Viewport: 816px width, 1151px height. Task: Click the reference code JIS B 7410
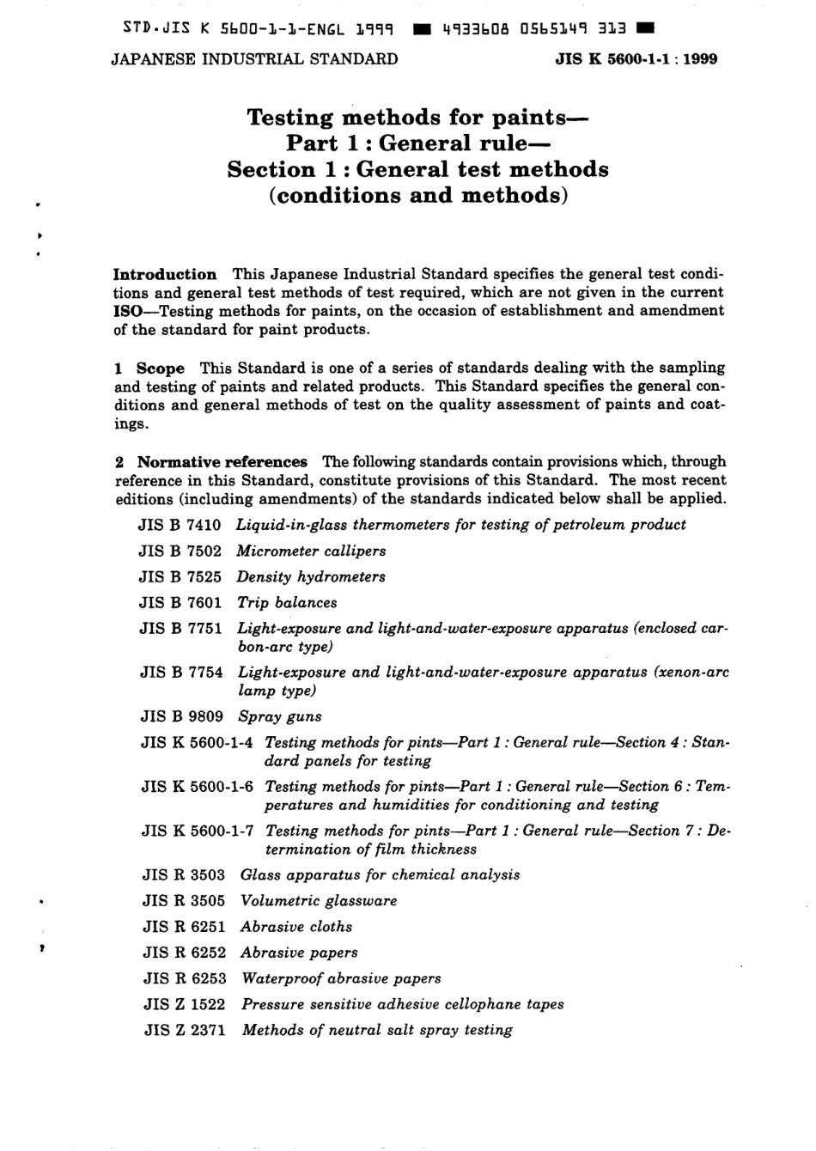[x=180, y=525]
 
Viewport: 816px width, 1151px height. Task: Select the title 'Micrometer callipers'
[x=311, y=551]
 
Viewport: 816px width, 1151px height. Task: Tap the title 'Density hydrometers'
[x=311, y=577]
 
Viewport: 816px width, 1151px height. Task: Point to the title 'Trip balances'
[x=287, y=603]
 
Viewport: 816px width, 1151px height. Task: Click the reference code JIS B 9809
[x=181, y=716]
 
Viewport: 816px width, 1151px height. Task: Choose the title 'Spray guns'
[x=280, y=716]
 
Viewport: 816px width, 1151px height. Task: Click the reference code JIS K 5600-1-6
[x=197, y=787]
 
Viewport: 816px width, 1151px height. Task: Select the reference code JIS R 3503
[x=184, y=875]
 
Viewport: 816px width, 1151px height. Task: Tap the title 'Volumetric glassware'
[x=319, y=901]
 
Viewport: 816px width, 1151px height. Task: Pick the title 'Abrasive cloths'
[x=296, y=927]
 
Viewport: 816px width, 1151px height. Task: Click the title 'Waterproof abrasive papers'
[x=341, y=978]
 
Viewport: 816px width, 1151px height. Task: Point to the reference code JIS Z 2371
[x=185, y=1030]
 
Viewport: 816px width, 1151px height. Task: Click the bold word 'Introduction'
[x=165, y=275]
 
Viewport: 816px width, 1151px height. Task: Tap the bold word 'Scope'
[x=161, y=368]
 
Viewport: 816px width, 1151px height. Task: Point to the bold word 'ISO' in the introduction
[x=128, y=311]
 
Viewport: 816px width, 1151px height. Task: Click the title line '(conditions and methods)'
[x=418, y=196]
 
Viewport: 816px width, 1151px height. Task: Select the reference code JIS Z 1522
[x=185, y=1004]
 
